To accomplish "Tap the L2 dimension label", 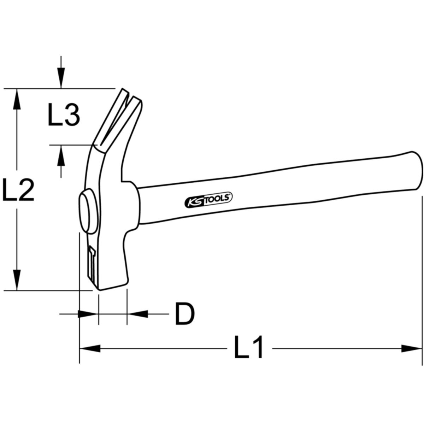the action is click(18, 189).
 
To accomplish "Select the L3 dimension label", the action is click(64, 114).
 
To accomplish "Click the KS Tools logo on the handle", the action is click(208, 200).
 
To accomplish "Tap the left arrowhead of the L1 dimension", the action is click(90, 348).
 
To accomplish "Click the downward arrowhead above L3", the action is click(61, 78).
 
